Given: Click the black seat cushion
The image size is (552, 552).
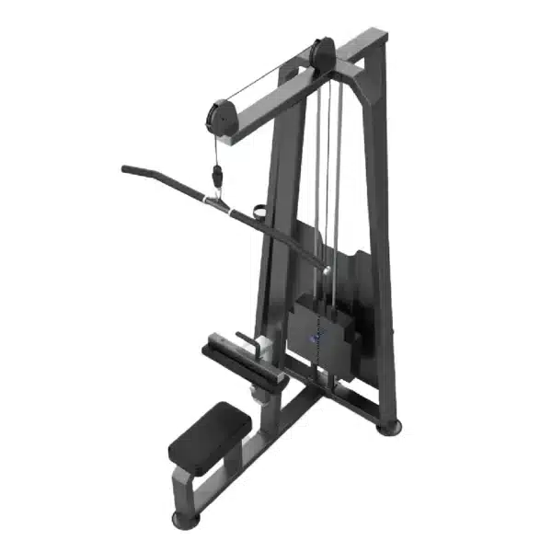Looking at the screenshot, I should (211, 435).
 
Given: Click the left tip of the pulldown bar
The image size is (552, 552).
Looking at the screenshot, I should (126, 168).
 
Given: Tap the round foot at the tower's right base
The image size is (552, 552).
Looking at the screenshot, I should (391, 426).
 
